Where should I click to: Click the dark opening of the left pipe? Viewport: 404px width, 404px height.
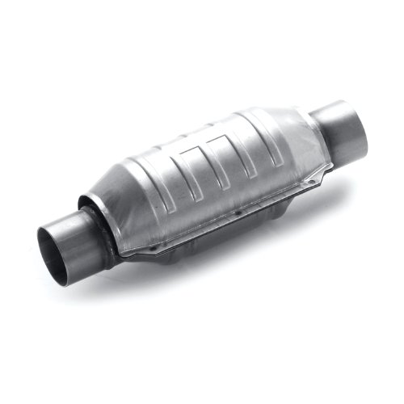pyautogui.click(x=58, y=247)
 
